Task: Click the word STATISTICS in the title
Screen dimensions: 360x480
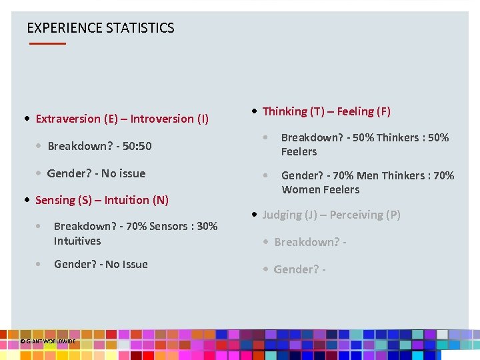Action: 140,28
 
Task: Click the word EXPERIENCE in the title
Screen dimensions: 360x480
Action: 65,28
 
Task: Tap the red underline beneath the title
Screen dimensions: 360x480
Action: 47,43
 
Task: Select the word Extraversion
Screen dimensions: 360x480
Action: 67,119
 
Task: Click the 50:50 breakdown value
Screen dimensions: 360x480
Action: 137,146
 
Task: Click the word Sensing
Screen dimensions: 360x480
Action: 55,200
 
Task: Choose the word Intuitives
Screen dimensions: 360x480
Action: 77,241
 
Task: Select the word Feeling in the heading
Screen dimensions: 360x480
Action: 357,111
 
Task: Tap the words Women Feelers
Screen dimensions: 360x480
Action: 321,190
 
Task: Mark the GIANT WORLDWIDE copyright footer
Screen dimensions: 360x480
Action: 48,341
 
